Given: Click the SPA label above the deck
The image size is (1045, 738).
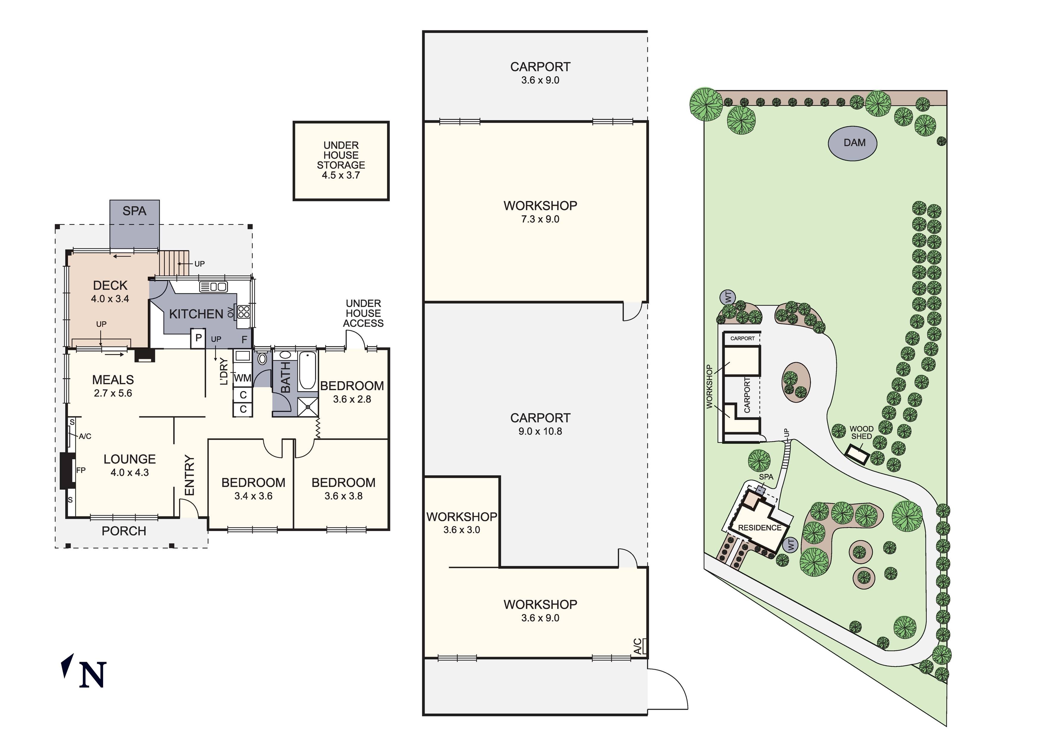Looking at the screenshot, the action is [134, 211].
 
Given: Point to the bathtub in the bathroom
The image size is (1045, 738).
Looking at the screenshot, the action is [308, 371].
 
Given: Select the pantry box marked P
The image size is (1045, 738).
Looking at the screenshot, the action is [198, 338].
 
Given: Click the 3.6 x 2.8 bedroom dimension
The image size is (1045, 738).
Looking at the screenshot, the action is [352, 399].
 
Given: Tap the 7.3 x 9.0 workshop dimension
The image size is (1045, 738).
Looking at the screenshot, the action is [540, 219].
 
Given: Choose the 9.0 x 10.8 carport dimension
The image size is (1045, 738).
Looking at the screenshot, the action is [540, 431].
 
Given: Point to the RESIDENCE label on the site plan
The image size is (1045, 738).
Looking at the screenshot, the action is [760, 528].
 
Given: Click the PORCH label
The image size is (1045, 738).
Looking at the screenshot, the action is [124, 531].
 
